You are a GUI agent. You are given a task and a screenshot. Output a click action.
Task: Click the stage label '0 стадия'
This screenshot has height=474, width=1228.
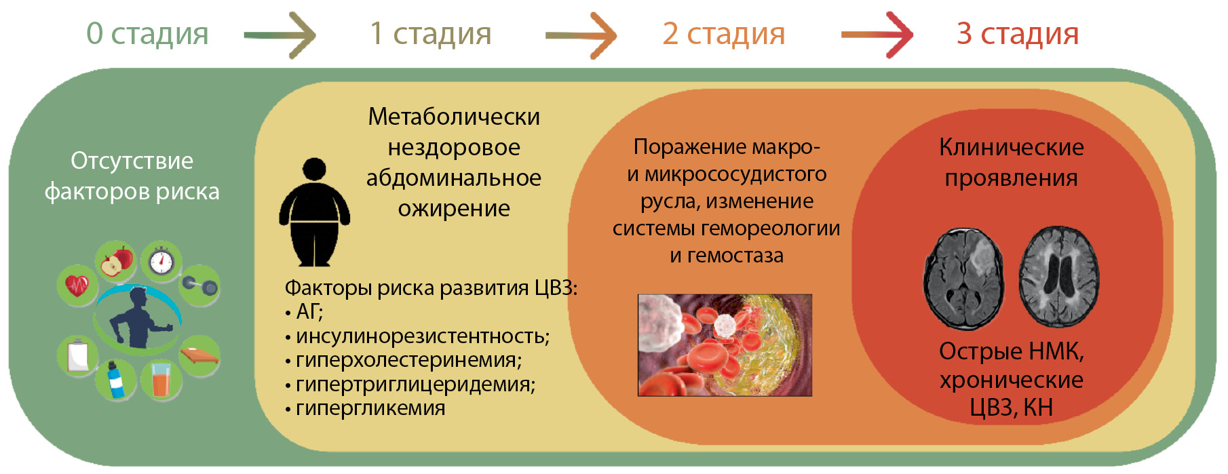click(147, 34)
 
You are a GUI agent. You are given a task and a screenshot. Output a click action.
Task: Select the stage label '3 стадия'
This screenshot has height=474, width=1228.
click(1018, 34)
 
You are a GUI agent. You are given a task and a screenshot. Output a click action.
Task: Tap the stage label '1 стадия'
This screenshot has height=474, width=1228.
click(430, 34)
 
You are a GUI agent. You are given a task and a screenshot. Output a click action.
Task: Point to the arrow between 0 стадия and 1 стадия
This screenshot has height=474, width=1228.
click(280, 35)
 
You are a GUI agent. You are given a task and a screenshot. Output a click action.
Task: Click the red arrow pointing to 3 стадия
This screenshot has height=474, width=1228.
click(877, 35)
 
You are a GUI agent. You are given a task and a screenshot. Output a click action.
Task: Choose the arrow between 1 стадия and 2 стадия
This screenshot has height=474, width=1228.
click(581, 35)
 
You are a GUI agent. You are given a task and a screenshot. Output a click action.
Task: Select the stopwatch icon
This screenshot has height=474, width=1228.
click(161, 260)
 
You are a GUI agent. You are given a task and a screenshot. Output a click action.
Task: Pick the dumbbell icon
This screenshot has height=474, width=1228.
click(200, 285)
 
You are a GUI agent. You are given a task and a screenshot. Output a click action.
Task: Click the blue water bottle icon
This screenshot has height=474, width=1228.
click(116, 380)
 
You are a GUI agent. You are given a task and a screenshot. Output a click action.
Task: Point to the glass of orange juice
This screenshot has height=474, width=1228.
click(161, 380)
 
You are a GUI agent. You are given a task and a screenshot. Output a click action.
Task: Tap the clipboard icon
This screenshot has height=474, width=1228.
click(77, 355)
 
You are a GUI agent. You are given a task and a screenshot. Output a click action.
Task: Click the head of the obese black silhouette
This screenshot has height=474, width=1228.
click(314, 170)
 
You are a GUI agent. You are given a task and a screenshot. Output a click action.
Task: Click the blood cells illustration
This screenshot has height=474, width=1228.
click(725, 345)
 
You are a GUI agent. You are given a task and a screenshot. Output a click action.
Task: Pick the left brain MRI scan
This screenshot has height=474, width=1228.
click(964, 279)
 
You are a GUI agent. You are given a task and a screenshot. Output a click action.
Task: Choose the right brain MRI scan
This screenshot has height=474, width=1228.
click(1059, 277)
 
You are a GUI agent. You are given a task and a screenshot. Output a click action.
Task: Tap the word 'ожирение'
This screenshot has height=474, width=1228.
click(454, 208)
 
